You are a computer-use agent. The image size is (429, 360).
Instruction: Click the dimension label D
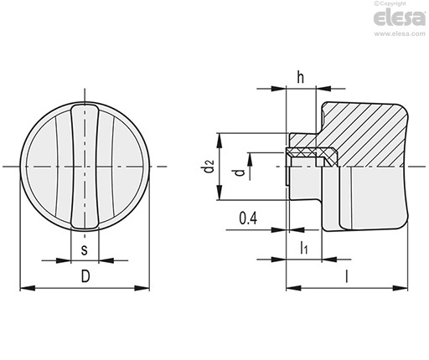(85, 276)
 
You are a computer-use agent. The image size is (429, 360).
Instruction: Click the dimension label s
(84, 249)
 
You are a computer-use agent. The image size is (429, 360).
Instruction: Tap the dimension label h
(300, 77)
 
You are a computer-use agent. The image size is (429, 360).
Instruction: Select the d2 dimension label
(209, 166)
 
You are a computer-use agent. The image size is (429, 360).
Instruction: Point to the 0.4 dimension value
(248, 218)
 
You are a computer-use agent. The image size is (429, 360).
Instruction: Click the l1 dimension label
(304, 248)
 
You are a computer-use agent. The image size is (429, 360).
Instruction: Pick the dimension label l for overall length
(347, 276)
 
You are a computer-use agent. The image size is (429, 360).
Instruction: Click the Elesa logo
(400, 18)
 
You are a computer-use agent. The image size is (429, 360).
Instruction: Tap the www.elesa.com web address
(400, 34)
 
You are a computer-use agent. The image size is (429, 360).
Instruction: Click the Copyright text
(390, 3)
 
